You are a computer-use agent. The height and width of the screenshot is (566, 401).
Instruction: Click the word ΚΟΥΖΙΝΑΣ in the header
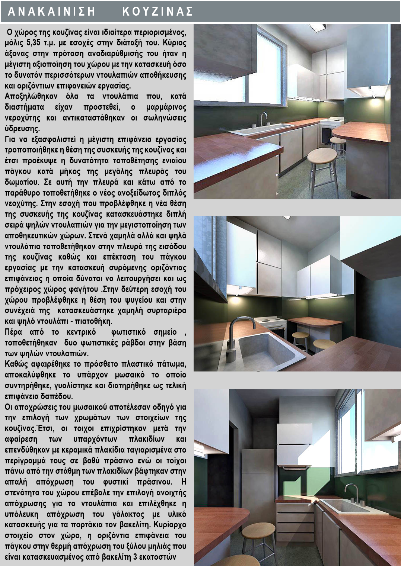(157, 12)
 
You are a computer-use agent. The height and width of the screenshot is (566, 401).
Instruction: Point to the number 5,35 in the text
(34, 43)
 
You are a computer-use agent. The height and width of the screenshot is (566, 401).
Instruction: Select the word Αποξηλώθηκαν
(31, 96)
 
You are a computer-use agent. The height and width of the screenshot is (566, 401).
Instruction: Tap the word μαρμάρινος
(166, 107)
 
